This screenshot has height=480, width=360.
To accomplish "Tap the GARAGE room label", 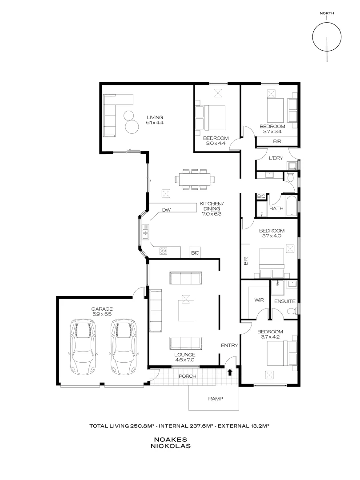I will tap(102, 309).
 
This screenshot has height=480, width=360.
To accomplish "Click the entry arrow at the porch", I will tap(230, 372).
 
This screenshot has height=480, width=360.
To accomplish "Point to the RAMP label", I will tap(216, 399).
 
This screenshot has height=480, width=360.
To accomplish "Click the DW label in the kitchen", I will tap(166, 210).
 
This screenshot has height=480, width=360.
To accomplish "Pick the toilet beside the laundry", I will tap(291, 177).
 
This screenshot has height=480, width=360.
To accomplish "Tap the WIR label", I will tap(259, 300).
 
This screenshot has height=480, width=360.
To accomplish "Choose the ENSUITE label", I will tap(285, 301).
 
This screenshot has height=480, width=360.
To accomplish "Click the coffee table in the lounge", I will tap(186, 310).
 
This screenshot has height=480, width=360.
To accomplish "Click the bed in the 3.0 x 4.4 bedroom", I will tap(210, 117).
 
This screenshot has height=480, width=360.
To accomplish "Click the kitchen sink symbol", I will tap(145, 231).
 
